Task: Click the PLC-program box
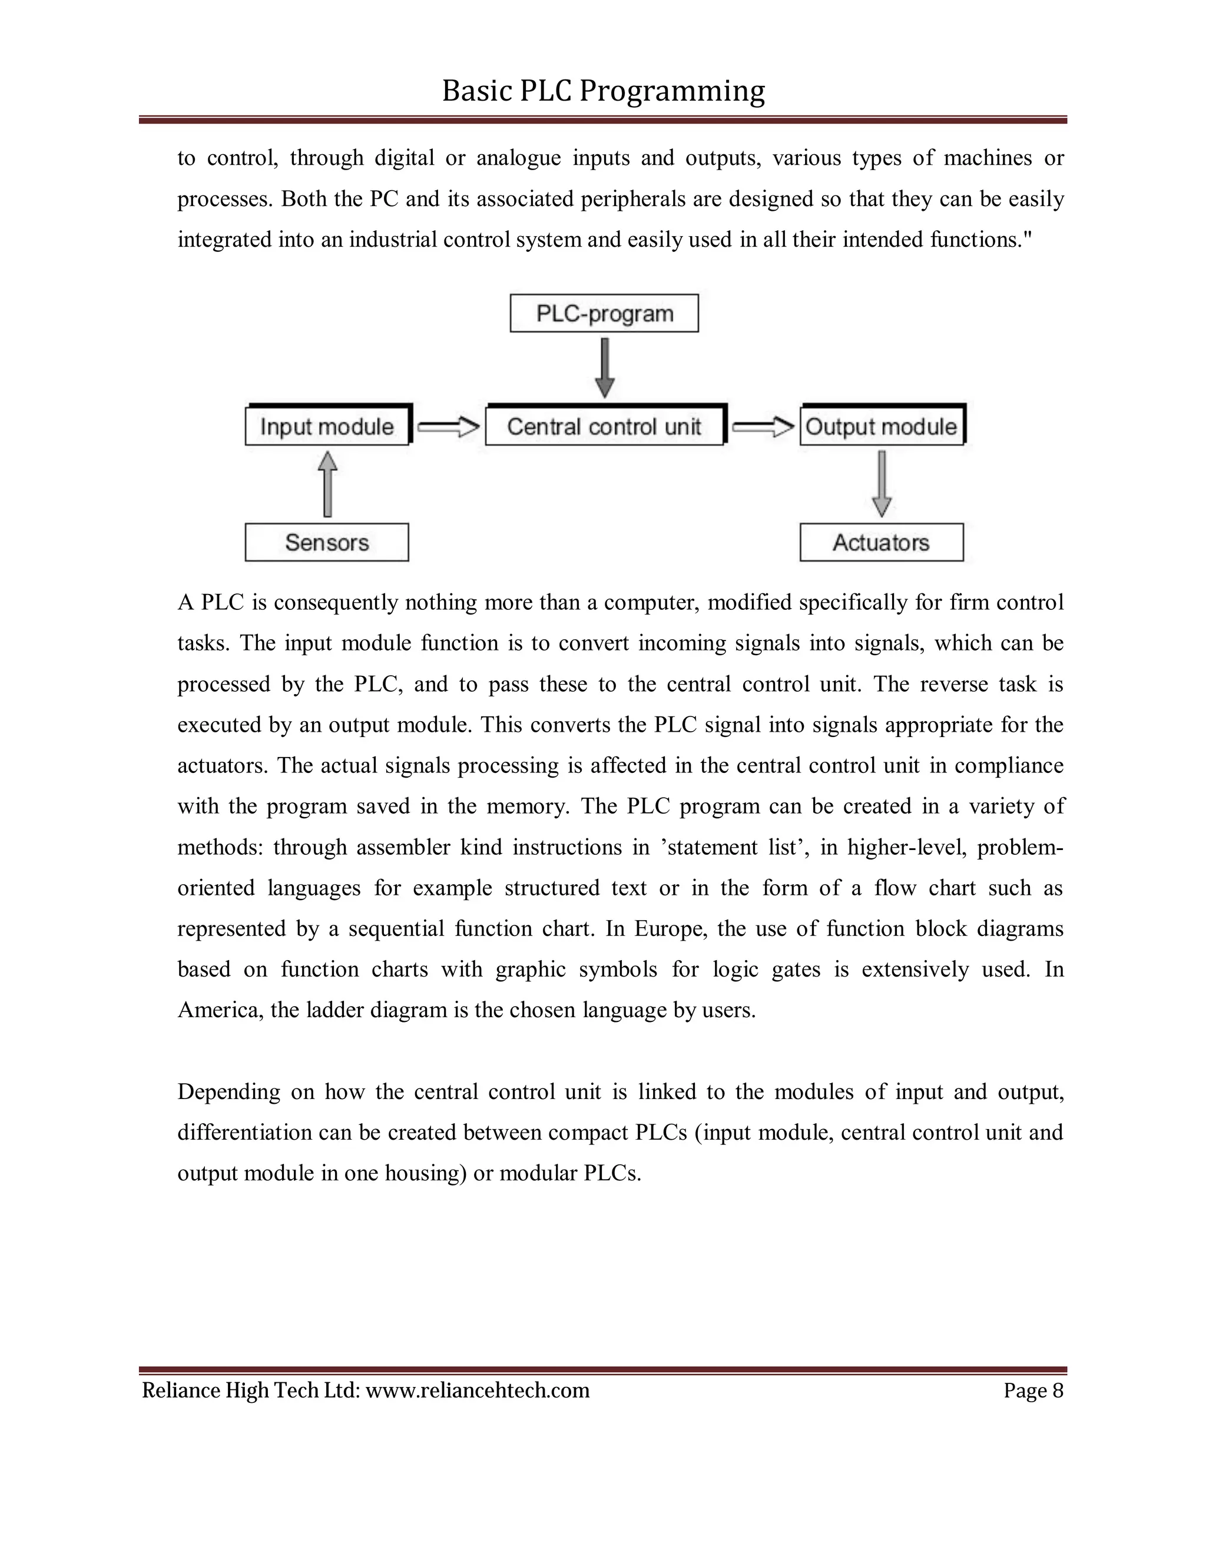(604, 314)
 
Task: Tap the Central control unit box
(604, 426)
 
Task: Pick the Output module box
(881, 426)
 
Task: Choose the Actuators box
(881, 542)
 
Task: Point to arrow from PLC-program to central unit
(604, 367)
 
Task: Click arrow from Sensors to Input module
(327, 484)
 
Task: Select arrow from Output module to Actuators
(882, 483)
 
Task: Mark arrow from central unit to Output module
(763, 427)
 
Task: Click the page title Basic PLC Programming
(603, 91)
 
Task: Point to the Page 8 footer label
(1033, 1390)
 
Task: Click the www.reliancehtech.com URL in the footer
(477, 1390)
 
